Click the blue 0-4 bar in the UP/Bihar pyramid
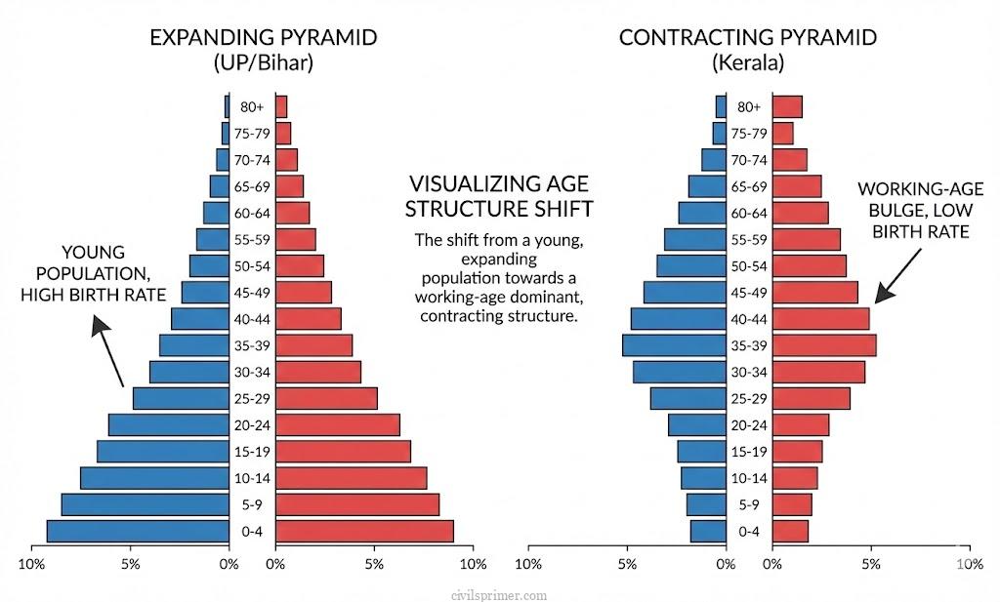pos(137,531)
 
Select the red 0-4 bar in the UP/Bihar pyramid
pos(364,531)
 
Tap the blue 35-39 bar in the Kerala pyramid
pos(674,345)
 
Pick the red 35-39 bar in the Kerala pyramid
pos(824,345)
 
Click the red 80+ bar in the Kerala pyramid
pos(787,106)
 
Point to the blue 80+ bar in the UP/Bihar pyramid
pos(227,106)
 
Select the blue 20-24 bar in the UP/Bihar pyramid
pos(168,424)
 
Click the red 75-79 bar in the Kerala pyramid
pos(783,133)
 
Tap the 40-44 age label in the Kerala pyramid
pos(749,319)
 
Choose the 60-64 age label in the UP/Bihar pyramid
pos(252,213)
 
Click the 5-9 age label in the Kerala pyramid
pos(749,504)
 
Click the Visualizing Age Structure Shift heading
pos(499,195)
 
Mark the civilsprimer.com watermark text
pos(499,594)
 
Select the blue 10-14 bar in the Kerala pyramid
pos(703,478)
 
